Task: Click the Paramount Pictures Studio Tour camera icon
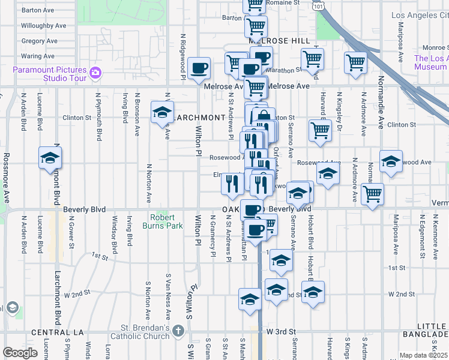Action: [95, 73]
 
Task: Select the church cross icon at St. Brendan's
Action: [178, 331]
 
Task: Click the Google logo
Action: [20, 353]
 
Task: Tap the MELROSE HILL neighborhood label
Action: [280, 40]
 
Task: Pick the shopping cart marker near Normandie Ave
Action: [372, 194]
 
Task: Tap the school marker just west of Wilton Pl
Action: [161, 113]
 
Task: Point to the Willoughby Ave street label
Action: [43, 26]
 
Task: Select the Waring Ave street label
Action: [38, 56]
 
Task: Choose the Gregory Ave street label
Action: [39, 41]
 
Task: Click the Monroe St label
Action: [435, 47]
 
